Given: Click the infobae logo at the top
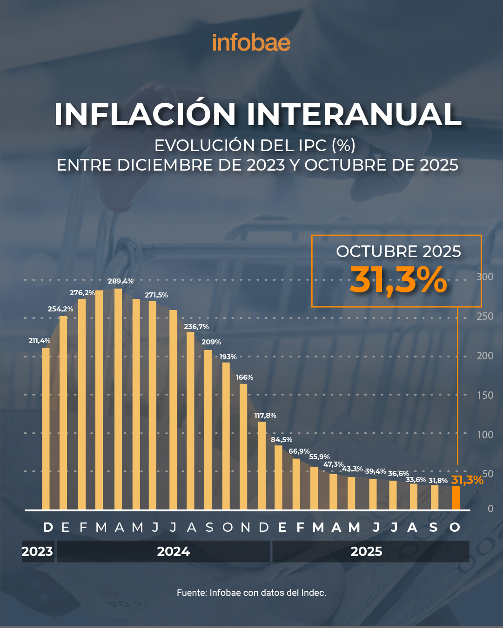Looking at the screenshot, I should tap(251, 43).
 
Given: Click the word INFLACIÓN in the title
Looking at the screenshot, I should tap(145, 114).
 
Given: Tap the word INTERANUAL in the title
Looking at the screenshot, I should tap(354, 114).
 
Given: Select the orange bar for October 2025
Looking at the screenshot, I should tap(456, 497).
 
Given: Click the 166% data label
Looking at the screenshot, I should tap(244, 377).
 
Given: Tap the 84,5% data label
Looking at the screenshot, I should tap(282, 440).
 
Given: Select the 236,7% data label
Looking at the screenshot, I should tap(196, 327).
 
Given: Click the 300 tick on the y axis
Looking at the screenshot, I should tap(485, 277).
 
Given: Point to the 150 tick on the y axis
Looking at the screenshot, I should tap(485, 396).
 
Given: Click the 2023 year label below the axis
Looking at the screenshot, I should tap(37, 552).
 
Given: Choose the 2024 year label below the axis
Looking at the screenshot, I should tap(173, 552).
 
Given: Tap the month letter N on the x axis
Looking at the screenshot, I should tap(245, 528).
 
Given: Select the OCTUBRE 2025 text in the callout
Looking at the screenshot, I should tap(398, 251).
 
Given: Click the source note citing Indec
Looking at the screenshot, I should tap(251, 593).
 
